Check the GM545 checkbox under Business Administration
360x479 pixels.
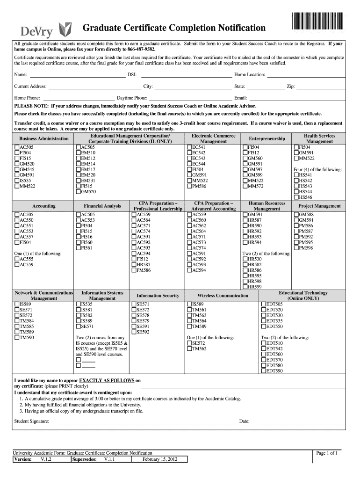[17, 169]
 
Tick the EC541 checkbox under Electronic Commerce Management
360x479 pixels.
[189, 147]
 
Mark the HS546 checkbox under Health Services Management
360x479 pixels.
[296, 197]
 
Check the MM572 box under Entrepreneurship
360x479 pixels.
[245, 186]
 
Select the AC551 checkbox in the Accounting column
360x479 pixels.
[17, 225]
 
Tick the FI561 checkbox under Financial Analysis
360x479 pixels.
[78, 248]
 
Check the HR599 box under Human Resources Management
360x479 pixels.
[245, 287]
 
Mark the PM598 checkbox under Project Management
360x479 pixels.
[296, 248]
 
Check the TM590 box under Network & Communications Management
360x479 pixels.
[17, 337]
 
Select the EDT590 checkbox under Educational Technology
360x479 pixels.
[263, 371]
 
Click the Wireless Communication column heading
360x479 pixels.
[223, 296]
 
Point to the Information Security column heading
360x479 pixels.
[158, 296]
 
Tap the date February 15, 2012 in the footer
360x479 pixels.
[159, 459]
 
